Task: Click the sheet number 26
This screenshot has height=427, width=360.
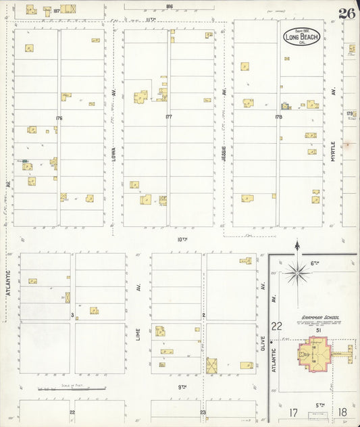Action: click(347, 14)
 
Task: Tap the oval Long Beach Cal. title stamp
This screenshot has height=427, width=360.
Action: click(302, 38)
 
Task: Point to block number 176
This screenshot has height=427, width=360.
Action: click(59, 118)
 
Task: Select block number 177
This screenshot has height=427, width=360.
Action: click(168, 117)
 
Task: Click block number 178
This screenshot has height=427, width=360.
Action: click(278, 118)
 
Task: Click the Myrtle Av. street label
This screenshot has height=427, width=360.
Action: click(333, 142)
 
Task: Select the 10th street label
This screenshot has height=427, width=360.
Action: click(182, 239)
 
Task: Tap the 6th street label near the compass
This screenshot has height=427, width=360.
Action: click(314, 263)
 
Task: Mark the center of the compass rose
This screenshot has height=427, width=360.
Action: click(297, 273)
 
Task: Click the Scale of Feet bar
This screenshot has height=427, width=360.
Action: click(71, 388)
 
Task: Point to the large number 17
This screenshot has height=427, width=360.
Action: click(294, 411)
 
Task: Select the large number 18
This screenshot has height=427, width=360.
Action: click(343, 411)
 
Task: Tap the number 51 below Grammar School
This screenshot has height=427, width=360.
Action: click(317, 330)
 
